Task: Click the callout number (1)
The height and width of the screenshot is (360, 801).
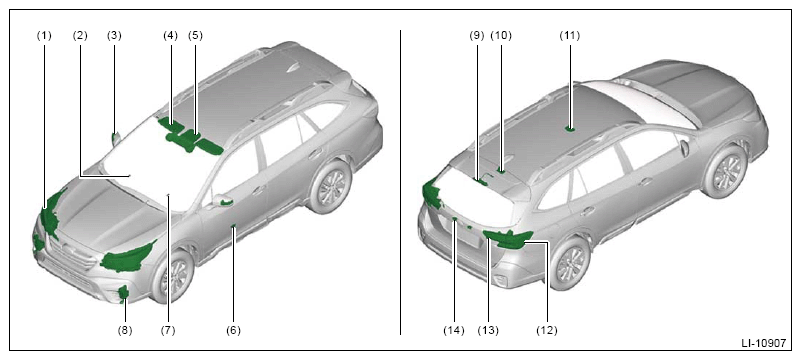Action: (x=44, y=36)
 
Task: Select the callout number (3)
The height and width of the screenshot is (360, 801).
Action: (x=114, y=36)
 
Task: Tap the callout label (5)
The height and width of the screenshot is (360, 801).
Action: (x=195, y=36)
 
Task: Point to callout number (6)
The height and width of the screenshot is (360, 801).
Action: (x=233, y=330)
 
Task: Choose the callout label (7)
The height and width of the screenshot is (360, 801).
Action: (x=168, y=330)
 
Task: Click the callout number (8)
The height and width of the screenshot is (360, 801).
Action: (x=125, y=330)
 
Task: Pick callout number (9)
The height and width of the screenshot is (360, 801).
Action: (x=476, y=36)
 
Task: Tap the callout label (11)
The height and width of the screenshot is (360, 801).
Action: (x=570, y=36)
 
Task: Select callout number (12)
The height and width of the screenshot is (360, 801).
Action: (x=547, y=330)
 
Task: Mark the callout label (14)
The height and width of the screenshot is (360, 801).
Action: (x=454, y=330)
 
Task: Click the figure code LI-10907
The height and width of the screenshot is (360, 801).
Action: (x=764, y=344)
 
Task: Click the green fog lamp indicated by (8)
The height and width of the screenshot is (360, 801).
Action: (x=123, y=294)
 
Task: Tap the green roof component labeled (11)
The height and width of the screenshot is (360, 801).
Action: (x=570, y=129)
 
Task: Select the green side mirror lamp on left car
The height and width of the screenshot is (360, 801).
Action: (x=226, y=202)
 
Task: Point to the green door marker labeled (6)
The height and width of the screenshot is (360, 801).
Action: (x=233, y=225)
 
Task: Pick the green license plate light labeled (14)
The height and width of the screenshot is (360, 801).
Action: (x=454, y=219)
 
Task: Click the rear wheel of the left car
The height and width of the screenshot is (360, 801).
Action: (x=330, y=186)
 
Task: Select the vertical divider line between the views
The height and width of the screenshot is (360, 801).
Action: (x=400, y=182)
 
